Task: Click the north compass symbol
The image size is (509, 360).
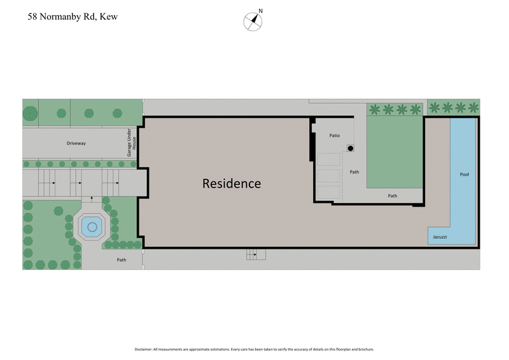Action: [253, 21]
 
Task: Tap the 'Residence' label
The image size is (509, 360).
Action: [232, 184]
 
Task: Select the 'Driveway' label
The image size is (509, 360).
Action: [76, 144]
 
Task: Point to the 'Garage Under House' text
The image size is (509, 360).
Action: [131, 144]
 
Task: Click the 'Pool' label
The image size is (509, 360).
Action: [464, 174]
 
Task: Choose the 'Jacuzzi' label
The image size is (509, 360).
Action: [439, 237]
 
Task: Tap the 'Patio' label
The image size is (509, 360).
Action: [335, 135]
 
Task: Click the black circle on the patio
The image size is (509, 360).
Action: [350, 148]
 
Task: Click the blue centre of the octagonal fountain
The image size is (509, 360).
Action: [92, 226]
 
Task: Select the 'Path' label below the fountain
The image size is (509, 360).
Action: [121, 260]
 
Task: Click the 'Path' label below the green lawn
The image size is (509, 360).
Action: [393, 196]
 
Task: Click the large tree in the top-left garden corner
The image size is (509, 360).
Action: [30, 113]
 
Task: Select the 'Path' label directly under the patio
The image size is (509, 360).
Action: [354, 171]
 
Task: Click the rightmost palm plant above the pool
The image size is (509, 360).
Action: [473, 107]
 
